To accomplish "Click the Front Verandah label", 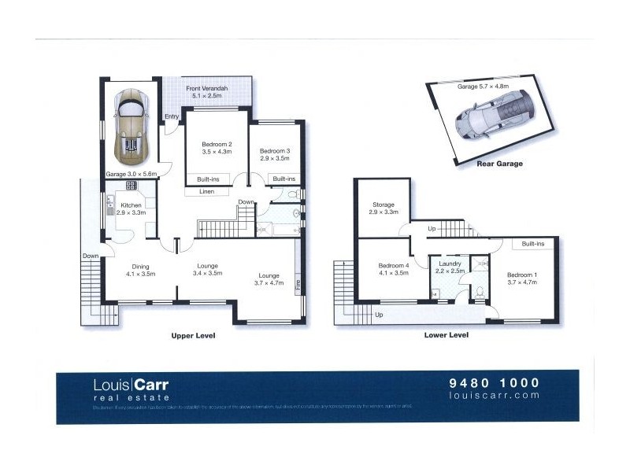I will [x=207, y=93].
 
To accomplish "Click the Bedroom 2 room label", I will [x=217, y=148].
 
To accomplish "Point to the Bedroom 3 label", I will [x=275, y=154].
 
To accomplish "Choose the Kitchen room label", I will [x=132, y=208].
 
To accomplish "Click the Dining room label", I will [x=140, y=270].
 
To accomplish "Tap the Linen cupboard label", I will [x=206, y=191].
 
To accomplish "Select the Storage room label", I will [x=384, y=208].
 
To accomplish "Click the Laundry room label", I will [x=450, y=267].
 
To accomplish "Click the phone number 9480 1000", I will [x=494, y=383].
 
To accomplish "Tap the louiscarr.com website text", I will [x=494, y=396].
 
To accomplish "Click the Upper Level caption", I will [x=193, y=335].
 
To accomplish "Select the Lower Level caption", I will [x=447, y=335].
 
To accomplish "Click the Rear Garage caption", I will [x=500, y=164].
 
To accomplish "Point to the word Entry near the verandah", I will [x=172, y=117].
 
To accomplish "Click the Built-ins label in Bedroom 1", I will [x=533, y=244].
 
